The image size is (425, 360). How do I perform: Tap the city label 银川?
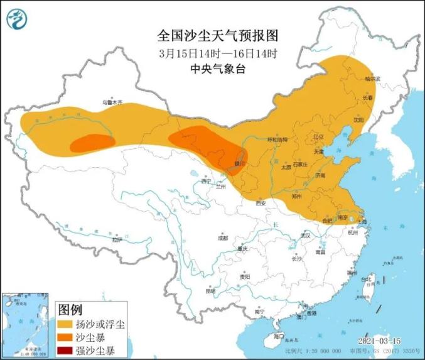(x=240, y=163)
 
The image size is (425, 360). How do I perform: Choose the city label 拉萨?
(x=116, y=239)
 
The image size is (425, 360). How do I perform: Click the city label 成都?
(x=223, y=238)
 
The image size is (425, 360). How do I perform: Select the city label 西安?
(x=261, y=203)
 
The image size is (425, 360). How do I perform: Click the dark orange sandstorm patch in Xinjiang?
(x=92, y=144)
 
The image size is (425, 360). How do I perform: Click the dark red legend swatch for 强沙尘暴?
(x=66, y=350)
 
